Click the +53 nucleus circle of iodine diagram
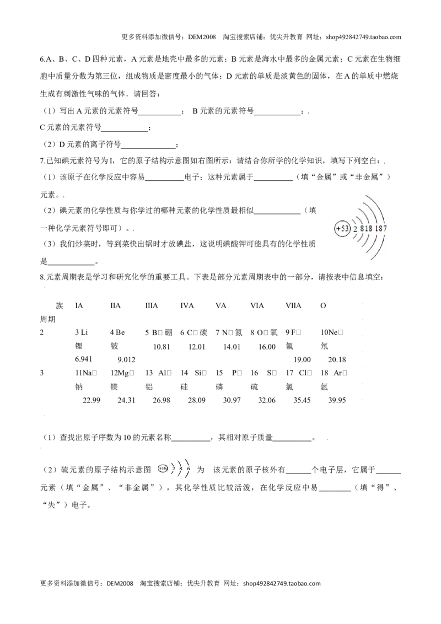[x=342, y=229]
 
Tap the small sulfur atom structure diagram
[x=175, y=469]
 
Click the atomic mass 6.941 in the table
[x=84, y=359]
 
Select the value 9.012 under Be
[x=127, y=360]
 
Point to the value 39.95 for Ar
[x=337, y=400]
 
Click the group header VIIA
[x=293, y=305]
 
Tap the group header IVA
[x=187, y=305]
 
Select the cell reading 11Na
[x=86, y=373]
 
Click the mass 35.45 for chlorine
[x=302, y=400]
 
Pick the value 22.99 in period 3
[x=92, y=400]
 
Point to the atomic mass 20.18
[x=337, y=360]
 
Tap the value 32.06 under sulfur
[x=267, y=400]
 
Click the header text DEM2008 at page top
[x=202, y=37]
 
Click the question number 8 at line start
[x=42, y=278]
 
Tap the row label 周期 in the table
[x=48, y=319]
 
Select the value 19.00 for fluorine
[x=302, y=360]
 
